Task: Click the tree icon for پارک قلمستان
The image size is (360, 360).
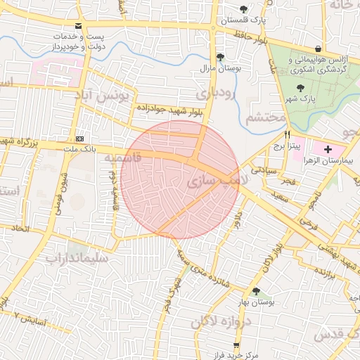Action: pyautogui.click(x=243, y=9)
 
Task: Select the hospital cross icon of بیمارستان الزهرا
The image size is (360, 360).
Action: pyautogui.click(x=328, y=149)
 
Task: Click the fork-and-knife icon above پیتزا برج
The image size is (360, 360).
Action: pyautogui.click(x=287, y=134)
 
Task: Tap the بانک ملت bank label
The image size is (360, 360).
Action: pyautogui.click(x=79, y=149)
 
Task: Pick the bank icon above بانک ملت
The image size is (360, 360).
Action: pyautogui.click(x=79, y=139)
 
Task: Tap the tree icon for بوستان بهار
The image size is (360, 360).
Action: pyautogui.click(x=256, y=290)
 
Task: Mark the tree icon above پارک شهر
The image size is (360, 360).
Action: pyautogui.click(x=301, y=88)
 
